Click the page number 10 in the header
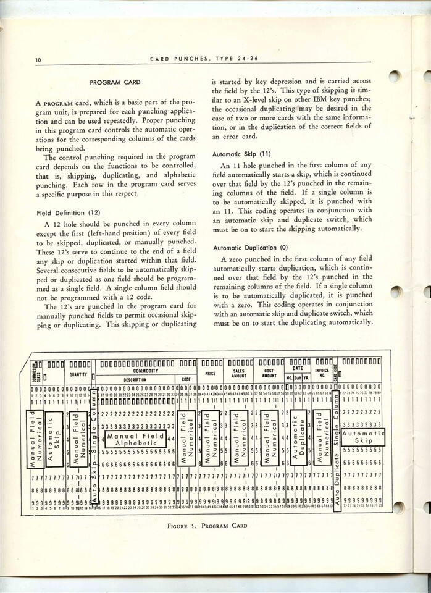tap(31, 59)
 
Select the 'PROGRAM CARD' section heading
tap(115, 82)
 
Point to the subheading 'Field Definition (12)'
tap(68, 212)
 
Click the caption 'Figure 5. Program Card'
tap(207, 526)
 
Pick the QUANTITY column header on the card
tap(78, 374)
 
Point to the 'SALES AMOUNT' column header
tap(239, 373)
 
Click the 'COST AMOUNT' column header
tap(269, 373)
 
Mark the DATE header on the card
tap(298, 368)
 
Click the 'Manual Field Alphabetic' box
tap(135, 439)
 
